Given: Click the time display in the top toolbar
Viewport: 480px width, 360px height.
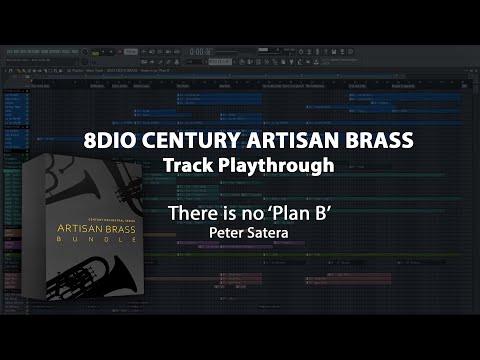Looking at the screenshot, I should (x=200, y=52).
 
